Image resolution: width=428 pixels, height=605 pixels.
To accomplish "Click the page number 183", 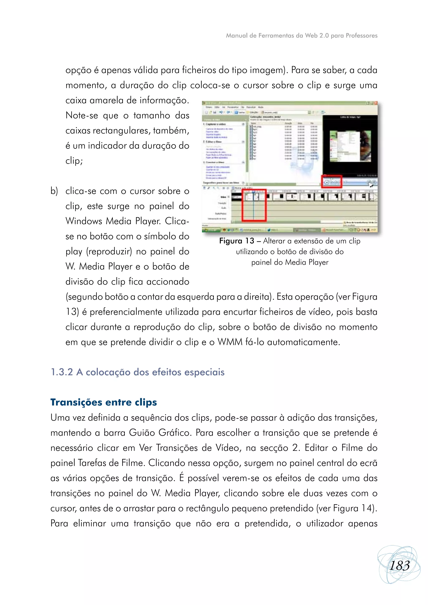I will click(400, 565).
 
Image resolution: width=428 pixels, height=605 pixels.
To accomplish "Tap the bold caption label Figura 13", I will click(236, 241).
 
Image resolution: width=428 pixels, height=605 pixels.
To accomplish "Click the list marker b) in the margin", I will click(54, 191).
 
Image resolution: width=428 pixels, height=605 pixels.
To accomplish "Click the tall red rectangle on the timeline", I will click(254, 205).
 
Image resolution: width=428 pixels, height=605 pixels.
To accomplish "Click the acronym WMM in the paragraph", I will click(230, 342).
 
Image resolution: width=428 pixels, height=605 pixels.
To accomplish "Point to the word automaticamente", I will click(304, 342).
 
